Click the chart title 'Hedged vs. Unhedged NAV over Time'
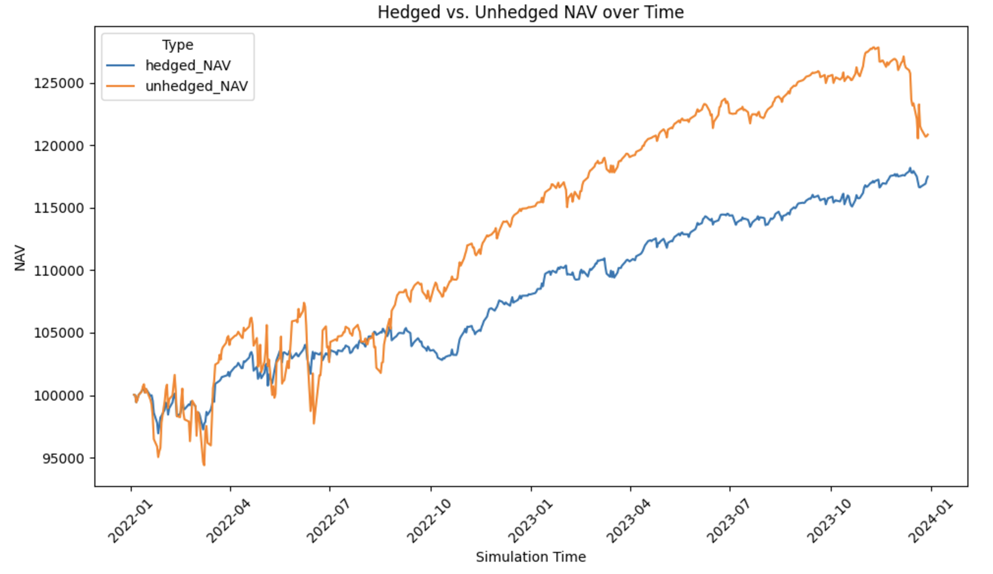click(530, 12)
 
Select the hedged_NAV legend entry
click(188, 65)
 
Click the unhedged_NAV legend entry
click(196, 86)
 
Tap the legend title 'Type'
click(177, 45)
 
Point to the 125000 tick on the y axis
click(59, 83)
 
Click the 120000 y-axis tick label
click(59, 146)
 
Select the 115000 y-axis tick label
click(59, 208)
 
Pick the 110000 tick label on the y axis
click(59, 271)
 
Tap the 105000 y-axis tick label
click(59, 333)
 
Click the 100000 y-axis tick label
click(59, 396)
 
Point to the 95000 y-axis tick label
click(63, 459)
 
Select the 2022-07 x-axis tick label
click(328, 521)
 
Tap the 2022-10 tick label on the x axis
click(429, 521)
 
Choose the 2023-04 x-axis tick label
click(628, 521)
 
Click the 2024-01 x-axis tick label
click(930, 521)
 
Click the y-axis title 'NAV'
click(20, 258)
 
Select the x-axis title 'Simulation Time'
click(530, 557)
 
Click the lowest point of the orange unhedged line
click(204, 465)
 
